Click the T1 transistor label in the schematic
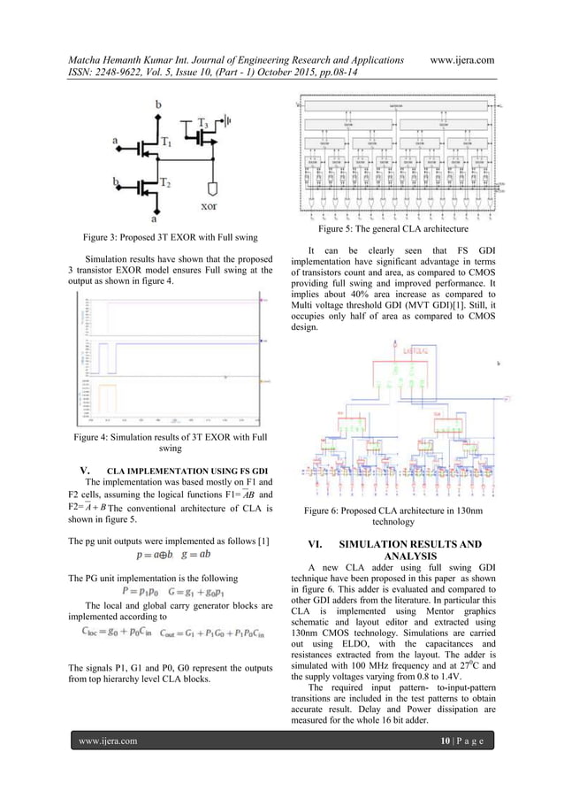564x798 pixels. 166,142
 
